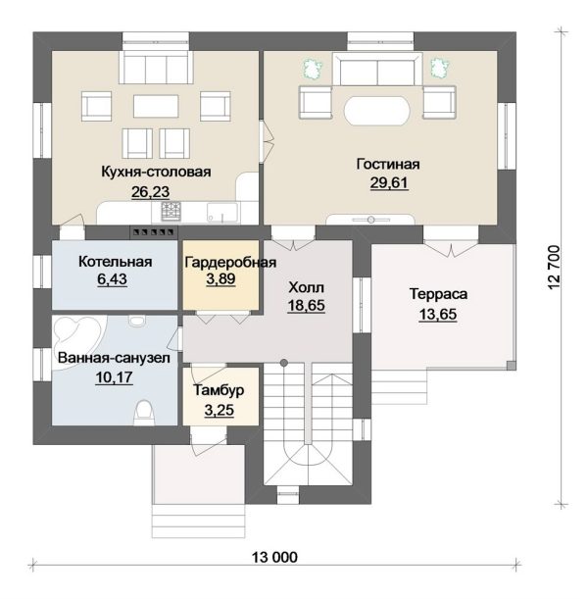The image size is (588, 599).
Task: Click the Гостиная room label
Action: point(388,165)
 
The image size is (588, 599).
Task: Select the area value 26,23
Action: point(151,192)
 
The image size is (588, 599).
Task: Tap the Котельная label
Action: point(116,262)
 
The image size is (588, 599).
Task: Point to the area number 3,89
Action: point(220,278)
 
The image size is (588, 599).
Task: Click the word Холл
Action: point(306,287)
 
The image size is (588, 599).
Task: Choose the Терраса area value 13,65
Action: point(438,314)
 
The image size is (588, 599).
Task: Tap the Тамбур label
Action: point(219,390)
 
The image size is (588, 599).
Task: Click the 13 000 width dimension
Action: point(274,558)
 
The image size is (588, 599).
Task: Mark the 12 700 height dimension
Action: point(554,268)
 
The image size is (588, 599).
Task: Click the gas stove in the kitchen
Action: point(171,211)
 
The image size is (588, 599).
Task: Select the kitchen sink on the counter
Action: point(222,213)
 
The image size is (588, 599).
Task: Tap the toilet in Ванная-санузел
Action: point(144,413)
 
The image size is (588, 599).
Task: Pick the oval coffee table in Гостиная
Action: point(377,110)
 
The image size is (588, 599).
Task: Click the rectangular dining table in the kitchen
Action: point(156,106)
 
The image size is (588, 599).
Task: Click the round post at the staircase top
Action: point(283,363)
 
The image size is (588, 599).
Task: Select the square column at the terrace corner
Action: point(511,366)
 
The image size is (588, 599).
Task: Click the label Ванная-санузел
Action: point(114,359)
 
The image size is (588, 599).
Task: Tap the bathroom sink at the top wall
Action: point(137,321)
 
